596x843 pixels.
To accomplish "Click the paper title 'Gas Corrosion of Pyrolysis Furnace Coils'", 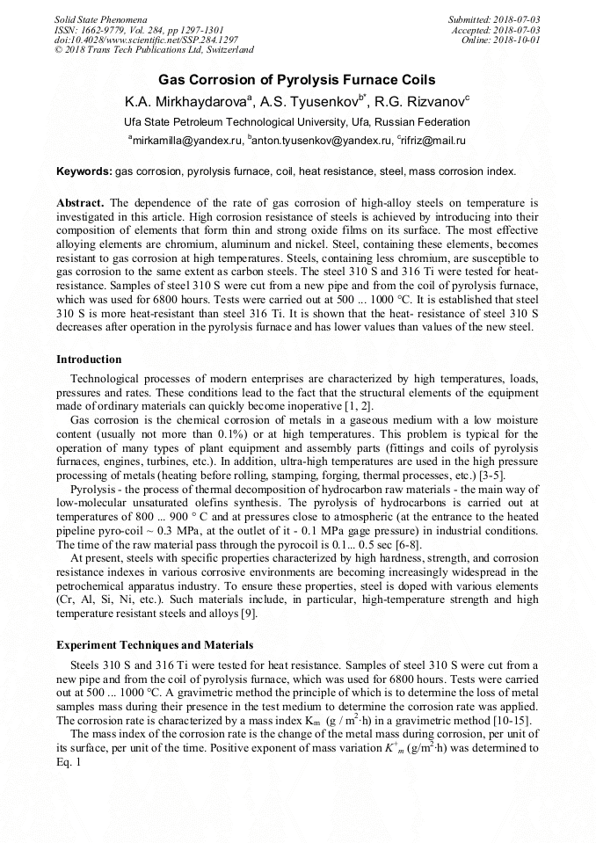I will pos(297,80).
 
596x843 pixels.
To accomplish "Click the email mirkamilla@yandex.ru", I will pos(185,140).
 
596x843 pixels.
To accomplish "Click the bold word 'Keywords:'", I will pos(84,171).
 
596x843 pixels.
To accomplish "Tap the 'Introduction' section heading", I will pos(89,360).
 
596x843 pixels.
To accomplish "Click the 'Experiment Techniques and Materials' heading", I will pos(155,644).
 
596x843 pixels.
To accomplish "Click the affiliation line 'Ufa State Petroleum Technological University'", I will pos(297,122).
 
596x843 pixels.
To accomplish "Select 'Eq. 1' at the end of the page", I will pos(69,761).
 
